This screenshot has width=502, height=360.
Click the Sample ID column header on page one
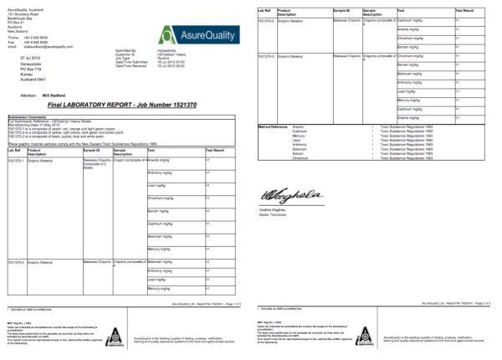coord(93,150)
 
